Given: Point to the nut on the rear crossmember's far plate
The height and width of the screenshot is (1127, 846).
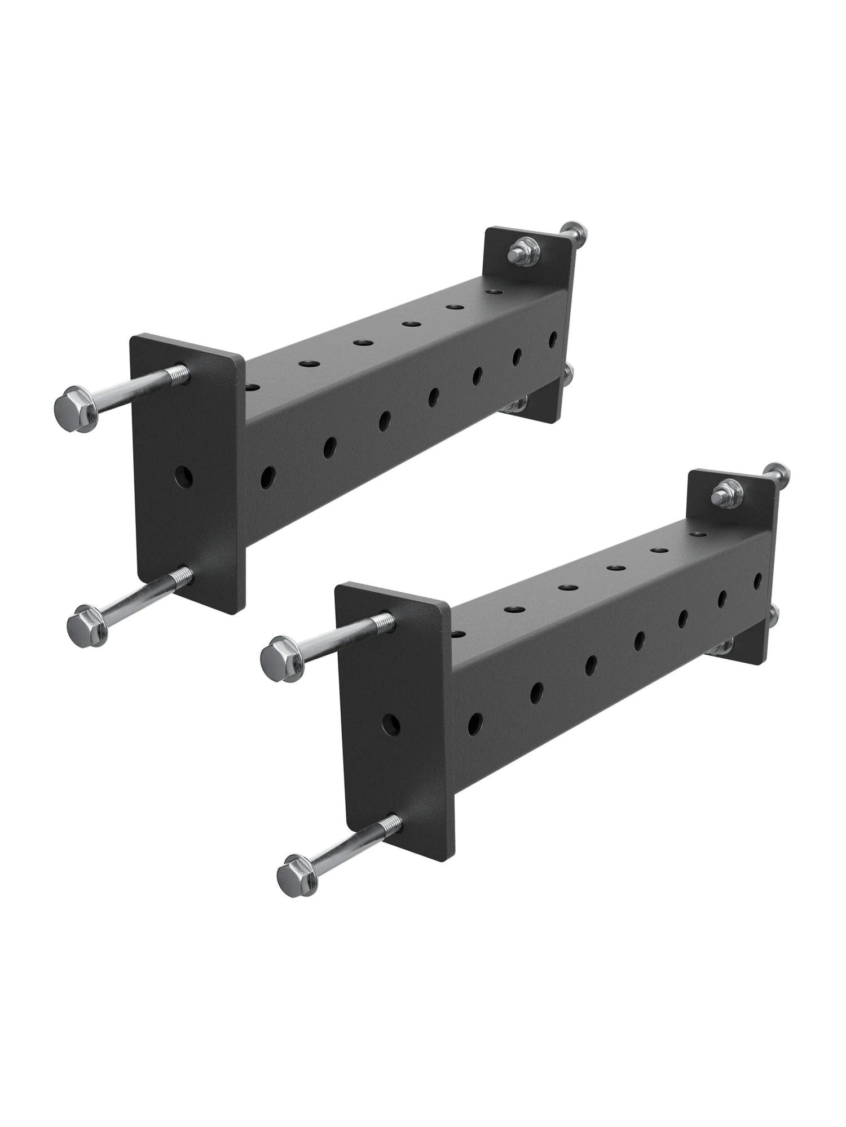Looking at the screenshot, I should [521, 250].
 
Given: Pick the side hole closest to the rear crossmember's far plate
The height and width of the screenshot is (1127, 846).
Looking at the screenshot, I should [553, 338].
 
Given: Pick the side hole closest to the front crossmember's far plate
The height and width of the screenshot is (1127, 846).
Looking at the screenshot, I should [757, 580].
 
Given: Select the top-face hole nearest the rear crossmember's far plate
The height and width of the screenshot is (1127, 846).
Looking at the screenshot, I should [495, 292].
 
